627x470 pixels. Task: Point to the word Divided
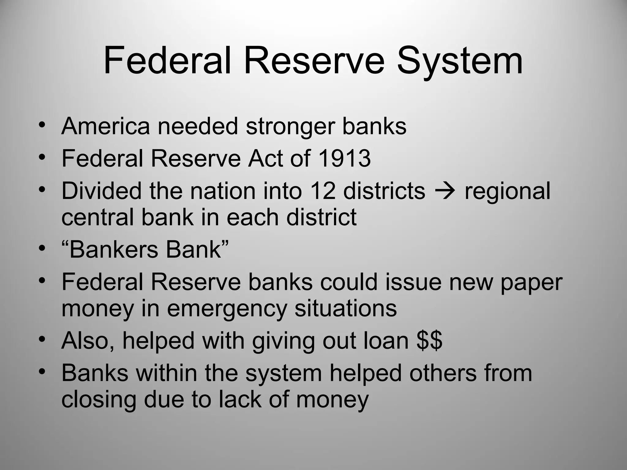(101, 191)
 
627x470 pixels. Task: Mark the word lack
(240, 399)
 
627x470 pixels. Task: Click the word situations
(345, 308)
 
